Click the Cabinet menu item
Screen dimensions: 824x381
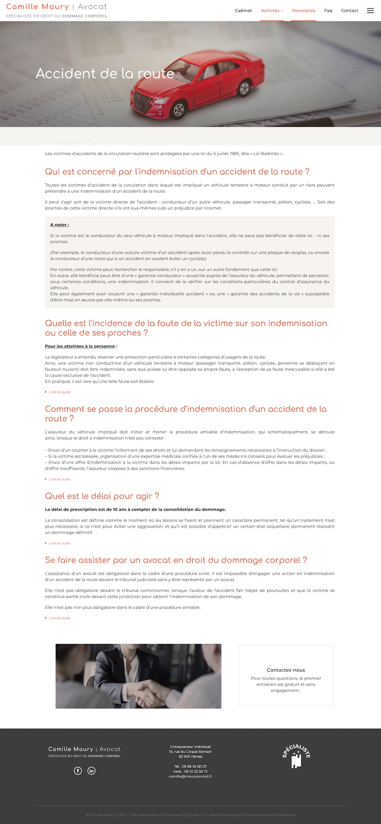click(x=243, y=10)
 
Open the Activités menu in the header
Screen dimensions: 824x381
click(x=271, y=10)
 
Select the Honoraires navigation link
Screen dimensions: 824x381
click(x=303, y=10)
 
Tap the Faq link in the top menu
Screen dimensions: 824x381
click(x=328, y=10)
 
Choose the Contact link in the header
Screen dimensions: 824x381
click(x=349, y=10)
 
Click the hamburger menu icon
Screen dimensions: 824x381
click(x=370, y=10)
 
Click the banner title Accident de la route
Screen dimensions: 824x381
click(x=105, y=74)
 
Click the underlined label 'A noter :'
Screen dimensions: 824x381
click(x=60, y=225)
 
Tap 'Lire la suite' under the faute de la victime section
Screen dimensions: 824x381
click(x=60, y=392)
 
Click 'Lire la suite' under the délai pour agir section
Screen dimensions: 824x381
click(x=60, y=543)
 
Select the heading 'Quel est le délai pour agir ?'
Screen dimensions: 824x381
click(x=102, y=496)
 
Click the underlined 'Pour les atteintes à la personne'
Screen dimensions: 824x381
click(x=80, y=346)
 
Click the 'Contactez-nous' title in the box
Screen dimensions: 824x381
click(x=286, y=670)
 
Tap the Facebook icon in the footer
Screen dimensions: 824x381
click(x=78, y=771)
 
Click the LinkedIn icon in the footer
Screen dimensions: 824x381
click(x=91, y=771)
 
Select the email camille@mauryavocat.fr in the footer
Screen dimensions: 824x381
click(x=190, y=776)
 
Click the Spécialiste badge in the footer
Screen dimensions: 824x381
click(x=296, y=757)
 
